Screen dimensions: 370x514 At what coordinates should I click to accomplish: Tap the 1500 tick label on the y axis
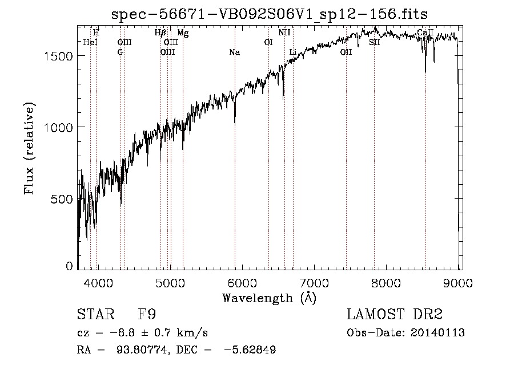coord(60,56)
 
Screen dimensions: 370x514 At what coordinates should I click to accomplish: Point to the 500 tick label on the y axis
coord(64,199)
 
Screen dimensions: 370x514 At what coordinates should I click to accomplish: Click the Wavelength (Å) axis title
coord(269,298)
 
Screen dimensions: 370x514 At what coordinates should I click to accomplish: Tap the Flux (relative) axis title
coord(30,148)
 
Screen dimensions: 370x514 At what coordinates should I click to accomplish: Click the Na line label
coord(234,52)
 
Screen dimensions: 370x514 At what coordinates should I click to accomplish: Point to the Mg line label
coord(183,33)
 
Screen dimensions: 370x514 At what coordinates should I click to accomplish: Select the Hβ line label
coord(160,33)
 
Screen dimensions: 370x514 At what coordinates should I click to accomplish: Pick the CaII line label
coord(425,33)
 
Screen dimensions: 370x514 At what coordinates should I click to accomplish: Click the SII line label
coord(374,43)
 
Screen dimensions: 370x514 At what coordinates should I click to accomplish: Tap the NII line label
coord(284,33)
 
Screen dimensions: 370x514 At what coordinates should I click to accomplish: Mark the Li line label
coord(293,52)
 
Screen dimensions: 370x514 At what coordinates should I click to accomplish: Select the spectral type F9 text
coord(146,315)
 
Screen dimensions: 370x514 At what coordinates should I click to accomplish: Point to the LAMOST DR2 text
coord(395,315)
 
